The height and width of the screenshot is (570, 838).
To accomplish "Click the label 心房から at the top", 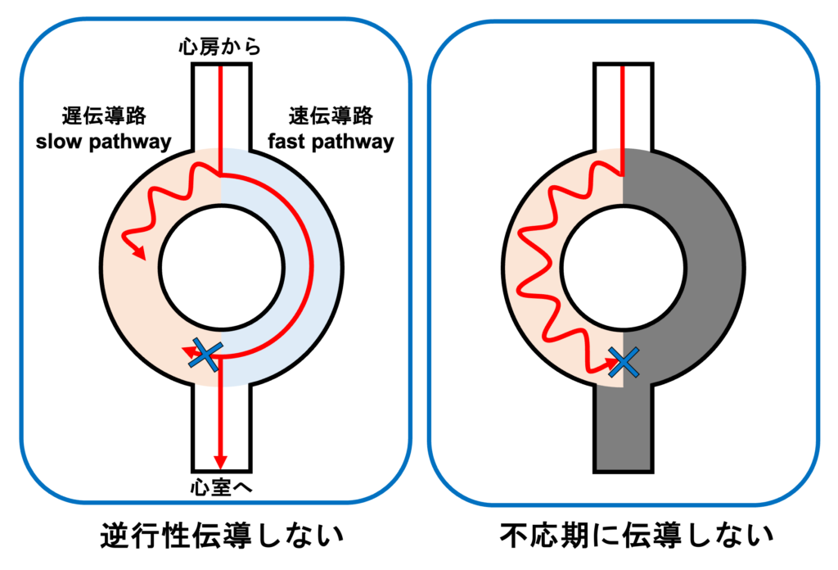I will coord(220,47).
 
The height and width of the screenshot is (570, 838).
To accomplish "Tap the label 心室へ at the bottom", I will coord(220,486).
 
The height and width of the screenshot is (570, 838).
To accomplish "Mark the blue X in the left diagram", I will coord(205,355).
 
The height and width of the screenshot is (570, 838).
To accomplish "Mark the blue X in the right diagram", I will coord(624,360).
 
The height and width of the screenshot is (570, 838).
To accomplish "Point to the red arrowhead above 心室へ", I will coord(219,460).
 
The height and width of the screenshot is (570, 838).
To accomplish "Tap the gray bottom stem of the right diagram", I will coord(624,434).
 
